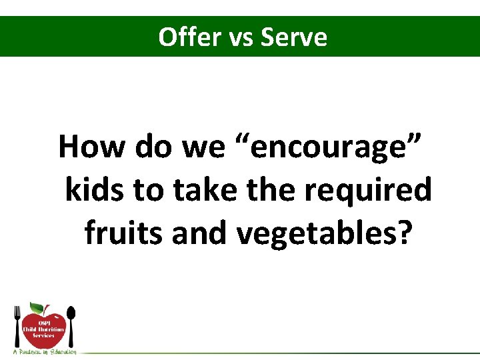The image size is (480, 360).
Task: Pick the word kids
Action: tap(95, 191)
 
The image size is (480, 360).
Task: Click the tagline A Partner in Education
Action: tap(44, 351)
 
